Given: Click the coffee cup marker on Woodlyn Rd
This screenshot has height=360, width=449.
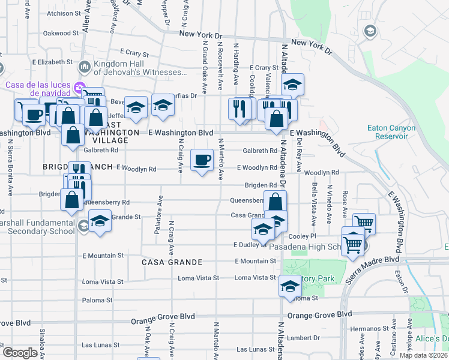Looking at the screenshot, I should coord(202,160).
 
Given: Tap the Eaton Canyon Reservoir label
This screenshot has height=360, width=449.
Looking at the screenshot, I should coord(388,131).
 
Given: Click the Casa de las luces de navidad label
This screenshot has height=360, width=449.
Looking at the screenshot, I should coord(38,89).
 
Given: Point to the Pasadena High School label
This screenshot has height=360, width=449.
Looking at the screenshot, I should coord(305,247).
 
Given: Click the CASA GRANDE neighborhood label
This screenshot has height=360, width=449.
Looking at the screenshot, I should coord(172,262).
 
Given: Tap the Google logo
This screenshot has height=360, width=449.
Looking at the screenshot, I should coord(19,353).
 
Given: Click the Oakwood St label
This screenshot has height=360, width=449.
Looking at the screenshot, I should coord(62,34).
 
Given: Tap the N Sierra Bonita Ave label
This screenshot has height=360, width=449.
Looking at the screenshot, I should coord(11,169).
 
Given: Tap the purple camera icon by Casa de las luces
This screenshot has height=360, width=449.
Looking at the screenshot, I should coord(79,89).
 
